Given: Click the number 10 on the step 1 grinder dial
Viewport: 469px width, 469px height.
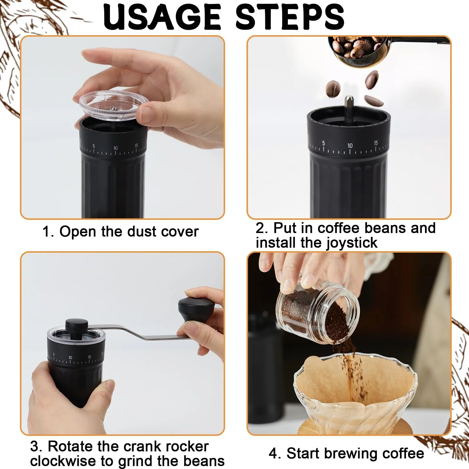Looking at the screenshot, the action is click(115, 148).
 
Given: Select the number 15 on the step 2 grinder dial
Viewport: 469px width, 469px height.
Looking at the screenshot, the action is click(376, 143).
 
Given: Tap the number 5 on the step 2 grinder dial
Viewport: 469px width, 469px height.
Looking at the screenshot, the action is click(324, 143).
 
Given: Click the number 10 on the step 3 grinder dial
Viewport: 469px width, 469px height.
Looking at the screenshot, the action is click(70, 358).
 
